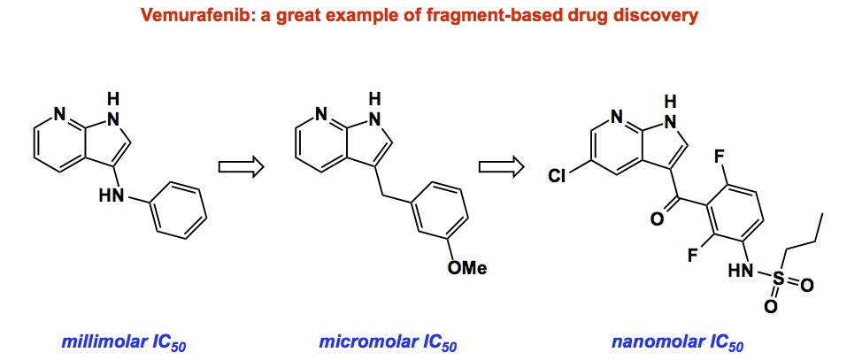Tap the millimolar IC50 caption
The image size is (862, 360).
(124, 340)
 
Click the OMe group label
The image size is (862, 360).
(466, 268)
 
